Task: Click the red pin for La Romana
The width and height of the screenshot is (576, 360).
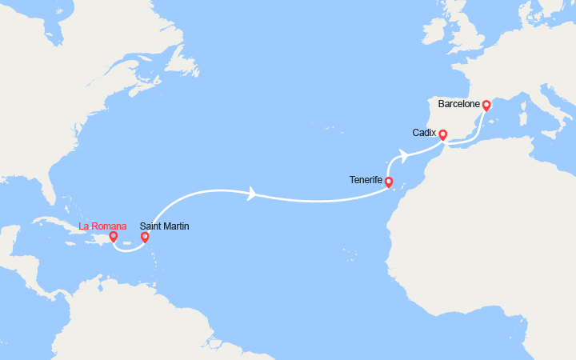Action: click(x=114, y=236)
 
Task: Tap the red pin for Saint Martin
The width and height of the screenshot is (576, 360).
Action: click(x=145, y=236)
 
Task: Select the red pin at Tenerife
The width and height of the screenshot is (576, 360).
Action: click(x=389, y=182)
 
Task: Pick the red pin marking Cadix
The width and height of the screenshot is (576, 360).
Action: click(x=442, y=134)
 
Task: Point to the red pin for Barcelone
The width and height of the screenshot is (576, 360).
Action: click(x=486, y=105)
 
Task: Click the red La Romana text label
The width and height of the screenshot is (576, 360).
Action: click(x=102, y=226)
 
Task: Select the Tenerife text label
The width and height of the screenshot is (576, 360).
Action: click(x=366, y=180)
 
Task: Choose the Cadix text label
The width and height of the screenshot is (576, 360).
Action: click(x=424, y=132)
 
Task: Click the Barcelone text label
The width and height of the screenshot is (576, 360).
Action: click(x=459, y=104)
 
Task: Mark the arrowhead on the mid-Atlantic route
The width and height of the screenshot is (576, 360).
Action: click(x=253, y=194)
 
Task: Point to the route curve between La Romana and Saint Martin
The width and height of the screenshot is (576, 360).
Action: click(x=128, y=249)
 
